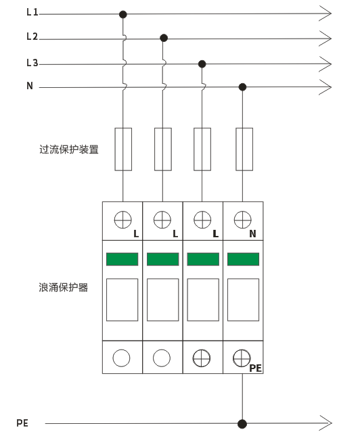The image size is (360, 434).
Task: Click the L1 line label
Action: tap(32, 12)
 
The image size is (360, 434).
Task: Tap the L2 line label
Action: tap(32, 37)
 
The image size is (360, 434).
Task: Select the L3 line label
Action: tap(32, 63)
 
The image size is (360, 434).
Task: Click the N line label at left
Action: tap(30, 86)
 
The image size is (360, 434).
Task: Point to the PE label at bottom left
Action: tap(22, 423)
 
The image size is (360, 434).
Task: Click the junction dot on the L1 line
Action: tap(123, 14)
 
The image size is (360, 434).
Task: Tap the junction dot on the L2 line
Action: tap(164, 38)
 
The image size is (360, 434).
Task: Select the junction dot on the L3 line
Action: tap(202, 64)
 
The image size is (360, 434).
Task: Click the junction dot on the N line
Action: tap(242, 87)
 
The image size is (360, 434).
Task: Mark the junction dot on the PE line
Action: tap(242, 424)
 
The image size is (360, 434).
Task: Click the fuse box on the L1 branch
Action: tap(123, 149)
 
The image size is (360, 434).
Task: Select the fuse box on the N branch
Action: tap(244, 149)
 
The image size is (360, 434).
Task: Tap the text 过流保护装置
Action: tap(69, 149)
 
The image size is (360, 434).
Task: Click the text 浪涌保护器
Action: tap(64, 287)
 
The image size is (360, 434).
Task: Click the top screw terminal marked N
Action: tap(242, 220)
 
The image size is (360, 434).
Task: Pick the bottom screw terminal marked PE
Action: tap(242, 358)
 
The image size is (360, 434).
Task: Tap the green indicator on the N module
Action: tap(244, 259)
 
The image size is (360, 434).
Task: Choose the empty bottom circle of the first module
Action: tap(121, 358)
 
